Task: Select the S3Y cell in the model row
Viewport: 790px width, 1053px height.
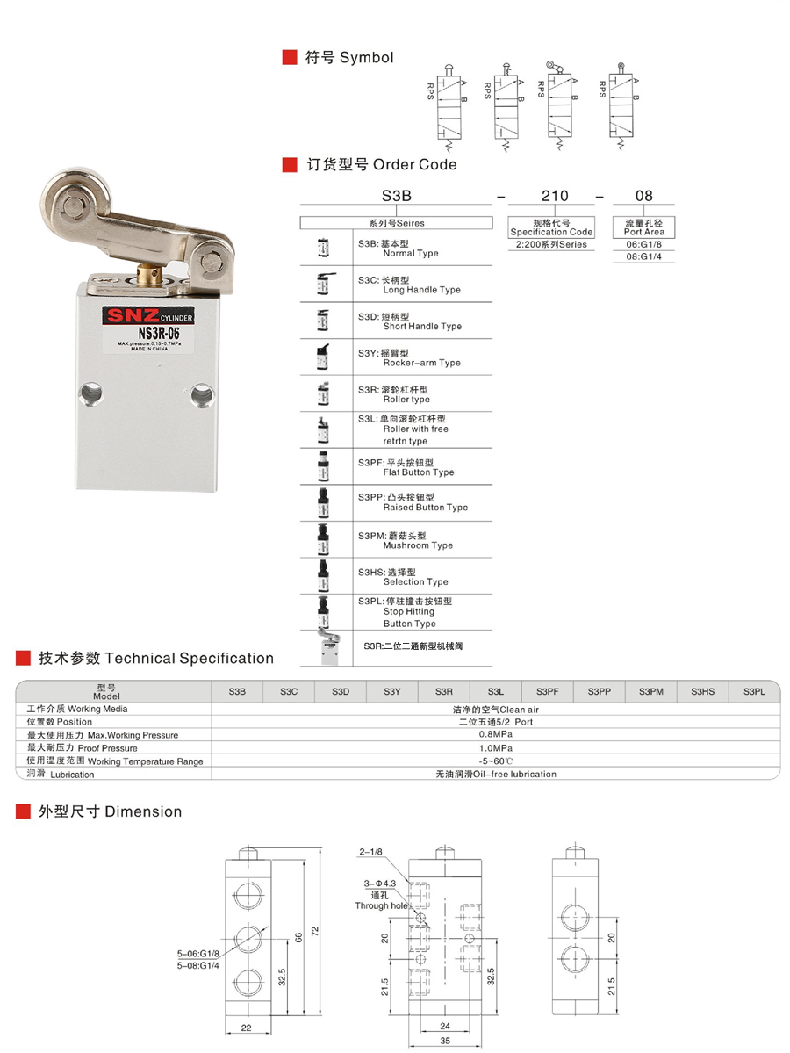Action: coord(391,692)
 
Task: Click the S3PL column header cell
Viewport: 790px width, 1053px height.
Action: coord(754,692)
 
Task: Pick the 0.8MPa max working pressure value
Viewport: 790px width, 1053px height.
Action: coord(496,734)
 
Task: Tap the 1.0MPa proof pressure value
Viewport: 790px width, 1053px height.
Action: coord(496,747)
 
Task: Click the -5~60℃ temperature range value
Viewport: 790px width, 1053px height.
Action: coord(496,761)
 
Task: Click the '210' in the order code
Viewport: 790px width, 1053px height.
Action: coord(554,196)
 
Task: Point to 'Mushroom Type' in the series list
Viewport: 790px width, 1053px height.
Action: coord(418,545)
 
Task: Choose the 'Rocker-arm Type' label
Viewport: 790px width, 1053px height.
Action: coord(421,363)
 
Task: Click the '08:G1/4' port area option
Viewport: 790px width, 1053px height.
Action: coord(644,256)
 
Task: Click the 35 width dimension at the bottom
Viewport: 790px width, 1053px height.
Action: coord(444,1041)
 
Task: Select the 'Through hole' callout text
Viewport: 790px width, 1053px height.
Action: coord(381,905)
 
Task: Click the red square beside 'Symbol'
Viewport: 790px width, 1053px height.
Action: coord(288,57)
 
